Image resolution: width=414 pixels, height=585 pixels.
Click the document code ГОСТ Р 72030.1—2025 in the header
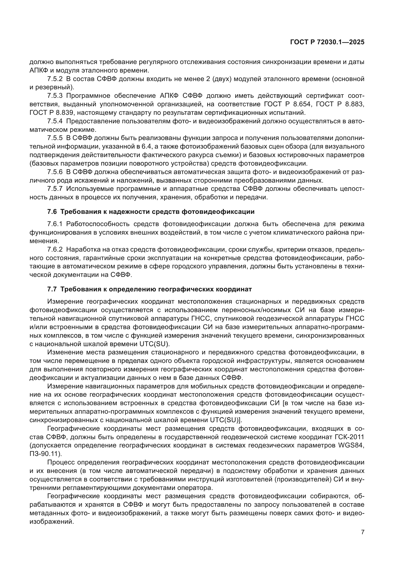point(327,42)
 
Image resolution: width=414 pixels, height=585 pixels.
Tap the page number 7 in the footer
point(362,532)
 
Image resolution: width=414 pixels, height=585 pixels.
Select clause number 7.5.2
point(55,79)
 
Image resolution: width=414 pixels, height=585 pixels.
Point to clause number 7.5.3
point(55,96)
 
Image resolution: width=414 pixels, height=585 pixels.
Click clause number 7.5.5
point(55,138)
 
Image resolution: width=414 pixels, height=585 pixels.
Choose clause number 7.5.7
point(55,189)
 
